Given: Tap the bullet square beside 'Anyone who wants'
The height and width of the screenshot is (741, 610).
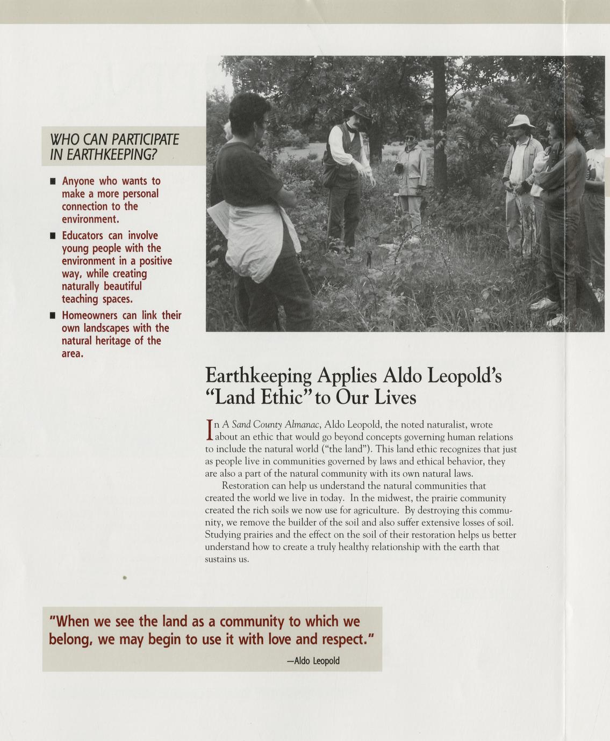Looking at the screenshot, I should click(x=53, y=181).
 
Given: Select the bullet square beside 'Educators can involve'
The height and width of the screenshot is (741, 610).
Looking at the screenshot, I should click(x=53, y=236).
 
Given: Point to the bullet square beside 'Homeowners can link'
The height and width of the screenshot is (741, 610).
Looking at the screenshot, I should click(x=53, y=316).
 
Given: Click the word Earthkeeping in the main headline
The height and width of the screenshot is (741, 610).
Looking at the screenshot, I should click(x=259, y=375).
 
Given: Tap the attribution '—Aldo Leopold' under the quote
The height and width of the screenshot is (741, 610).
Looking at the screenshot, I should click(x=313, y=660).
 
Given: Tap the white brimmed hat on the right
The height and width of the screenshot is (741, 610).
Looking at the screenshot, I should click(x=521, y=121).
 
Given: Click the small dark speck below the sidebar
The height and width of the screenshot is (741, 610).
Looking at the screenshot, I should click(x=124, y=578).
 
